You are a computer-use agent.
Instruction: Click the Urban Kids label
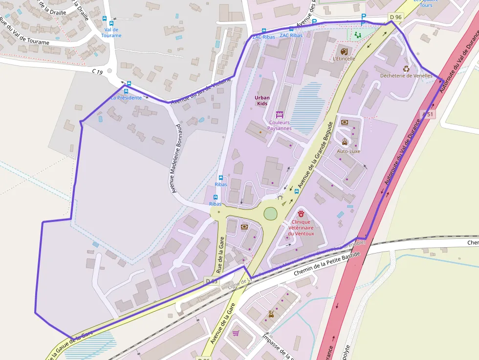[262, 101]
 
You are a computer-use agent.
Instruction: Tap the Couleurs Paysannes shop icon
[280, 115]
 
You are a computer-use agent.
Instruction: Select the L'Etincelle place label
[344, 59]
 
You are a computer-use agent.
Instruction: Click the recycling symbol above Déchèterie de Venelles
[406, 69]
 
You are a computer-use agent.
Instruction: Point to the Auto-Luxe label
[348, 151]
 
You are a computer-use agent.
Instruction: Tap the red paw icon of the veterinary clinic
[301, 213]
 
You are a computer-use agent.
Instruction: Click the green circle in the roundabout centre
[270, 213]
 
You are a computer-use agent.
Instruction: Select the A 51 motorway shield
[427, 114]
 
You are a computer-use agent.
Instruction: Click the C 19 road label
[97, 72]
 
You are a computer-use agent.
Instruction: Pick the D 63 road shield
[211, 281]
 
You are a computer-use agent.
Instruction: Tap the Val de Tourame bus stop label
[111, 32]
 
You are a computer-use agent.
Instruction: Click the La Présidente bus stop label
[126, 98]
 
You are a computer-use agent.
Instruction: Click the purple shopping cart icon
[236, 333]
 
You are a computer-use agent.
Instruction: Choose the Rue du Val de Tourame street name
[24, 33]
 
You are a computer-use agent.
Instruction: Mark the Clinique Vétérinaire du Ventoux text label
[301, 228]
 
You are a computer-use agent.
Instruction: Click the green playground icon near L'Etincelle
[357, 35]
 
